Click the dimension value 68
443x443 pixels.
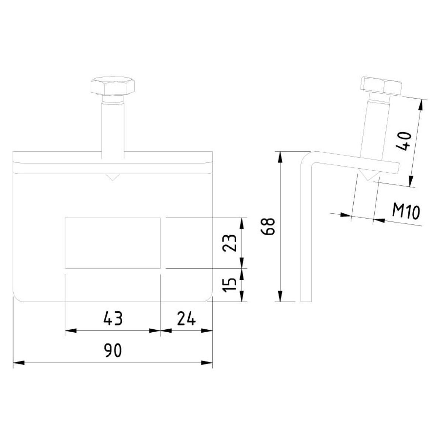[268, 226]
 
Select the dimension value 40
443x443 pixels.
[404, 141]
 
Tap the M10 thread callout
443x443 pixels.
[406, 212]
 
